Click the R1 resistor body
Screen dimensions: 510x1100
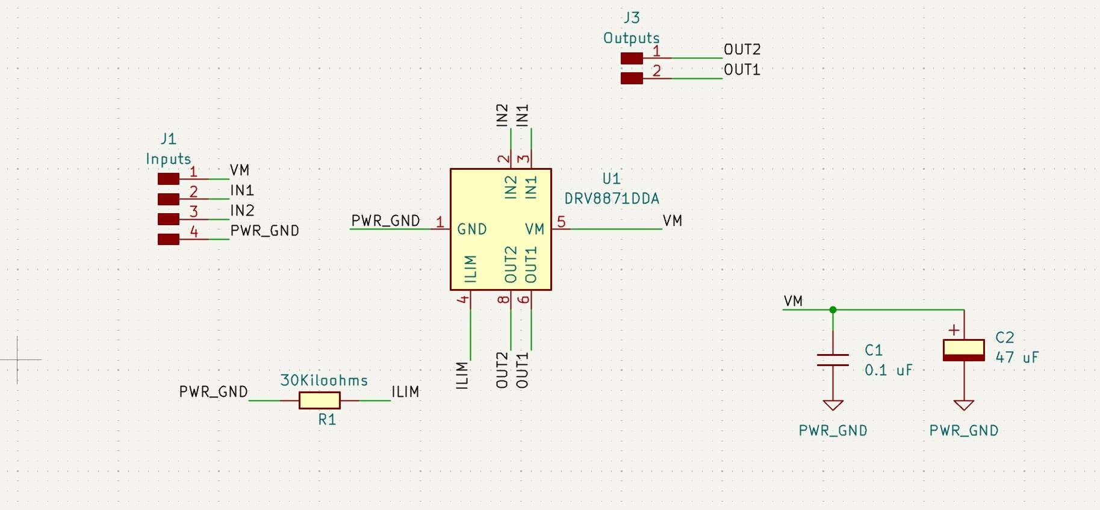coord(320,400)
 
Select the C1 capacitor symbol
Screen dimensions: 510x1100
coord(833,360)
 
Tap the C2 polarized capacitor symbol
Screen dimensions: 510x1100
coord(963,350)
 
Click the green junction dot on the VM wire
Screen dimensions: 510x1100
coord(833,310)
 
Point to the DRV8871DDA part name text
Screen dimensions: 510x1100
coord(612,199)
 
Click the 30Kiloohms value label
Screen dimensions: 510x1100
coord(324,381)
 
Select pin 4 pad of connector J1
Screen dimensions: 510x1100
coord(169,240)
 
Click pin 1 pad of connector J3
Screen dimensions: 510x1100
coord(632,58)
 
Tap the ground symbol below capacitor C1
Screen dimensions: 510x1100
coord(833,405)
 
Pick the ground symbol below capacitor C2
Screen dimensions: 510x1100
coord(963,405)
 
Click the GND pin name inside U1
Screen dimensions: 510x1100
coord(471,229)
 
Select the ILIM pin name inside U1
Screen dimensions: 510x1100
coord(471,269)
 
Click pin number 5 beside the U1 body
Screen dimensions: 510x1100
coord(561,222)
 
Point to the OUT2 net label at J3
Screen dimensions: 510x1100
coord(742,49)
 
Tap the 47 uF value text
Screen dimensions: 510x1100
coord(1017,358)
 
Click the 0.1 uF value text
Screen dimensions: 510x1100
coord(888,370)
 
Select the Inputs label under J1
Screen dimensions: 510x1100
coord(168,159)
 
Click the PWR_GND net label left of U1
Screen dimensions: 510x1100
coord(385,221)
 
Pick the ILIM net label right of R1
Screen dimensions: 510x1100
coord(405,392)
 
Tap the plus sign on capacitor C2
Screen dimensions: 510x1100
coord(954,330)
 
